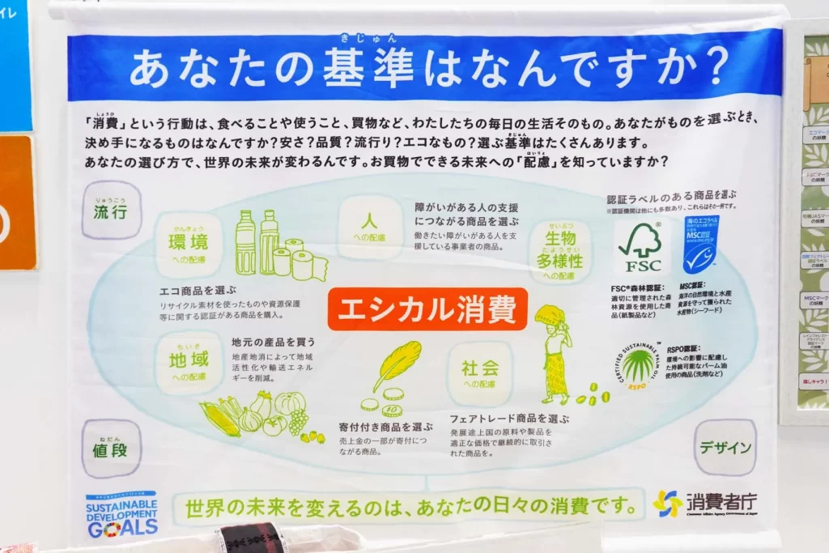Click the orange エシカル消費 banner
[427, 309]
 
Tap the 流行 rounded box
[111, 211]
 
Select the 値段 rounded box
[111, 449]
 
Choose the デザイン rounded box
[725, 447]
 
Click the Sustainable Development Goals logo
[121, 515]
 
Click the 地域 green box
[189, 363]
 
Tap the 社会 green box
[480, 372]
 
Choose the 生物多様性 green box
[559, 252]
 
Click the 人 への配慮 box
[369, 228]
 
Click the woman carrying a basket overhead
[555, 352]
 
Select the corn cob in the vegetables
[219, 419]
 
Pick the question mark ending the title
[708, 68]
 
